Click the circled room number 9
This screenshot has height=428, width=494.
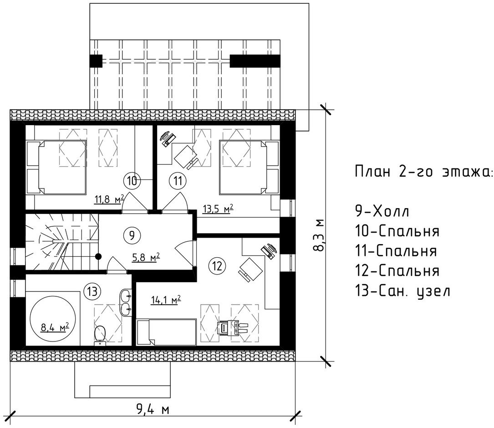click(132, 235)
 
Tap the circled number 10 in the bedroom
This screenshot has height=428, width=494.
click(132, 181)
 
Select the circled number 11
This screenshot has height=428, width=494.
click(178, 181)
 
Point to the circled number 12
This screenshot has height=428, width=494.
click(217, 266)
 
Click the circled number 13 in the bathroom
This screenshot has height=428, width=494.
click(92, 291)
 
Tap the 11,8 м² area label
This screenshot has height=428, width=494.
click(109, 199)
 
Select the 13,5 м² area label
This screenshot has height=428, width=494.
click(217, 209)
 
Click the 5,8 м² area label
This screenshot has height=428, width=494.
click(145, 257)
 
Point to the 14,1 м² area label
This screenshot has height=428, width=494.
click(166, 300)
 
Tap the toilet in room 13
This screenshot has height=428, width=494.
click(100, 335)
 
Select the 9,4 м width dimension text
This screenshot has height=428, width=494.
click(153, 409)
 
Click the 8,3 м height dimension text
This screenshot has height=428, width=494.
click(319, 235)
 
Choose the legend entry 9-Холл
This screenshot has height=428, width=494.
click(382, 211)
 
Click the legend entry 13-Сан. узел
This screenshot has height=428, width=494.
click(402, 290)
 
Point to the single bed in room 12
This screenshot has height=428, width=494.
click(166, 332)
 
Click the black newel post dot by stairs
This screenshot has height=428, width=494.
click(99, 256)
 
